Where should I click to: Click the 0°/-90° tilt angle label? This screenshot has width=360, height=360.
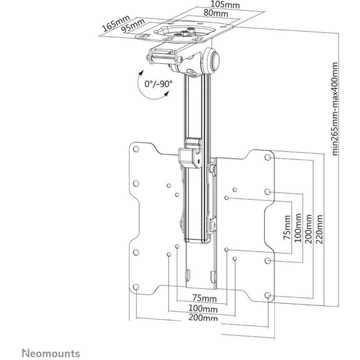click(158, 83)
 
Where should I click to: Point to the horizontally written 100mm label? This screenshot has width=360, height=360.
click(202, 309)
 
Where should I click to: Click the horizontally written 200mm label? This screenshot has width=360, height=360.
click(202, 318)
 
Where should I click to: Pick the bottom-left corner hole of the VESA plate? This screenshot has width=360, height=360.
click(135, 287)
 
